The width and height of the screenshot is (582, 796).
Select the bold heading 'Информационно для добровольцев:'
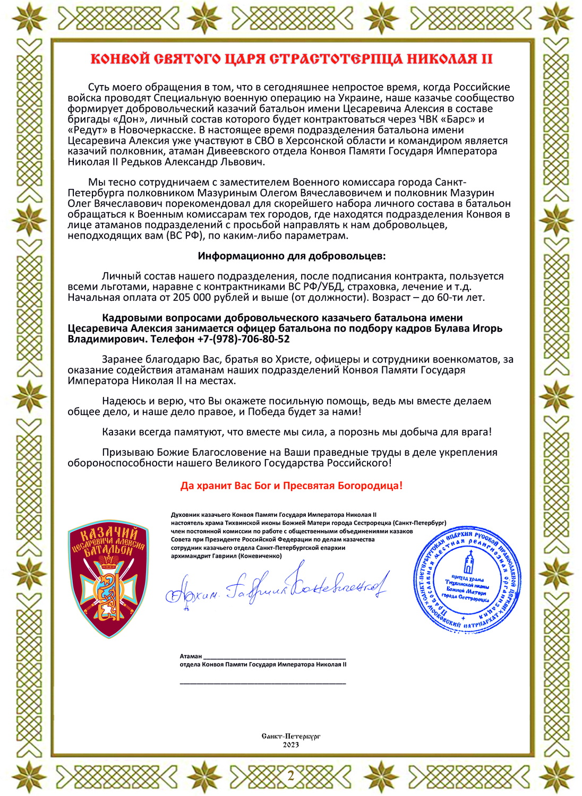pyautogui.click(x=292, y=256)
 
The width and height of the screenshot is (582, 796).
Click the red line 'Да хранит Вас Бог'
pyautogui.click(x=292, y=485)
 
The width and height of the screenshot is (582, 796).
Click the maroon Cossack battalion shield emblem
pyautogui.click(x=108, y=578)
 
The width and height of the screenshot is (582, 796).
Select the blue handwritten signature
pyautogui.click(x=276, y=586)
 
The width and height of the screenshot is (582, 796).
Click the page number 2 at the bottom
pyautogui.click(x=290, y=776)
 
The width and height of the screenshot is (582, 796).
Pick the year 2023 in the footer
pyautogui.click(x=290, y=745)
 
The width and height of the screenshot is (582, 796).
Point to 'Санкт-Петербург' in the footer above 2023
pyautogui.click(x=290, y=736)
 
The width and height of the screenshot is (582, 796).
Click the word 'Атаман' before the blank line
pyautogui.click(x=191, y=656)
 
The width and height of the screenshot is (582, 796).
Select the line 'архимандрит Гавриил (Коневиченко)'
pyautogui.click(x=226, y=556)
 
